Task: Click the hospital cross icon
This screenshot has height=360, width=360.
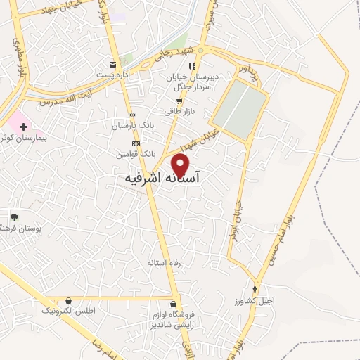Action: [25, 127]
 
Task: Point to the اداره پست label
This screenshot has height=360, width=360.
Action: [112, 73]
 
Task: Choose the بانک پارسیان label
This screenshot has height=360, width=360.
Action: [131, 126]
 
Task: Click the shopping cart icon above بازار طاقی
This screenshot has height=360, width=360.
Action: [179, 101]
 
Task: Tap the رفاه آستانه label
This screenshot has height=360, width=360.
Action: [163, 262]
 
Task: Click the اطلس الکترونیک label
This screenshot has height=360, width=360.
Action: [68, 309]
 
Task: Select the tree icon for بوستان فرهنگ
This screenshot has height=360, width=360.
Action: [14, 217]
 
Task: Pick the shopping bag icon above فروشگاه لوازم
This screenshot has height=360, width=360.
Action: [163, 304]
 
